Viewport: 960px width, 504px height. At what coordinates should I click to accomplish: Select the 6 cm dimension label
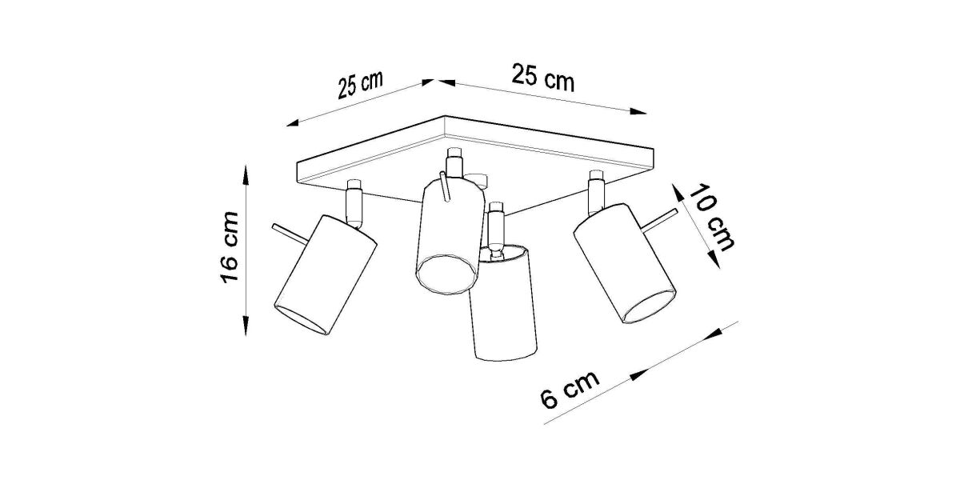570,390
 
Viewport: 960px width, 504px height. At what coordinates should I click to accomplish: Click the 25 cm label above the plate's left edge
360,85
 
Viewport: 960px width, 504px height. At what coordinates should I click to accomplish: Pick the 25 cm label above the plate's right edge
543,78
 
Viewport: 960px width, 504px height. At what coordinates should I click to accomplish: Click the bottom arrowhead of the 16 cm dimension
246,326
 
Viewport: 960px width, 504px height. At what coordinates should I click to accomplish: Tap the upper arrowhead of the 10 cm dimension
678,193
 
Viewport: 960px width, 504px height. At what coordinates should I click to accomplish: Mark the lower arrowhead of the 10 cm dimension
714,260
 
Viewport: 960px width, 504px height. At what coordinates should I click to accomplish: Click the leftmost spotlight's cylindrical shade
325,274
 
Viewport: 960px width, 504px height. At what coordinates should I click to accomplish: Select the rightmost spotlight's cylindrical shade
625,263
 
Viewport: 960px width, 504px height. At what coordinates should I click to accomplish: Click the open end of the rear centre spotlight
447,274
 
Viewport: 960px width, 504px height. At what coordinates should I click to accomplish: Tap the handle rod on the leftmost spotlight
290,233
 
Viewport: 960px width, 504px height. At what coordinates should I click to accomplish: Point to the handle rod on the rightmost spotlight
661,219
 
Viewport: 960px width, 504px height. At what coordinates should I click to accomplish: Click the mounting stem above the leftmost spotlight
354,203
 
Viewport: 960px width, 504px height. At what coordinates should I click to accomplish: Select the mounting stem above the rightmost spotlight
597,191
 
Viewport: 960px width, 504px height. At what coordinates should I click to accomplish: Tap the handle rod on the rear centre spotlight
445,186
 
